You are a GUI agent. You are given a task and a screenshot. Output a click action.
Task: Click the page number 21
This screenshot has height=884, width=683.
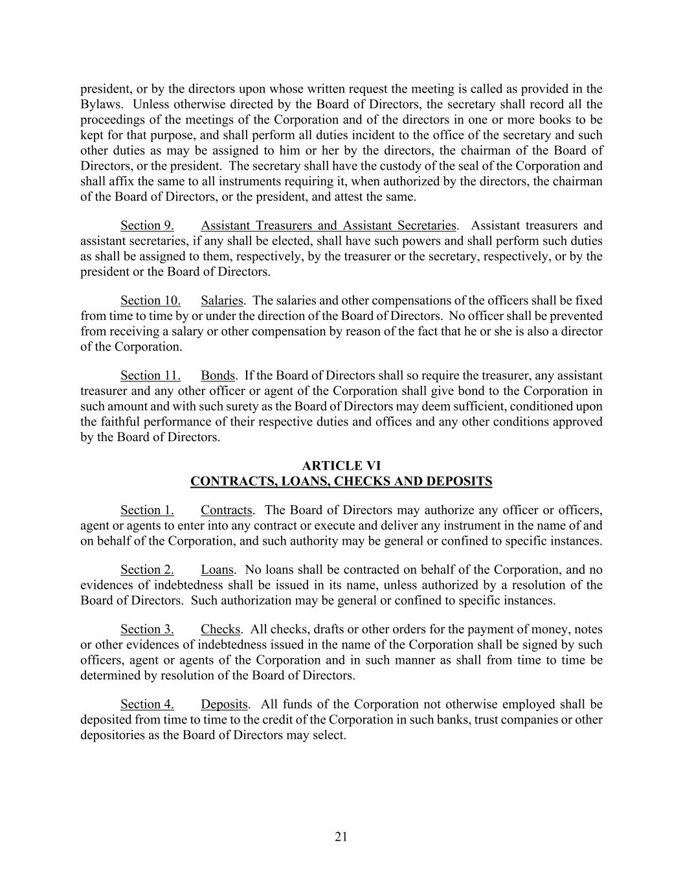(x=341, y=837)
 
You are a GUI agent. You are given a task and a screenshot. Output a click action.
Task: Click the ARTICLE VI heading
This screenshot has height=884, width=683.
(x=341, y=466)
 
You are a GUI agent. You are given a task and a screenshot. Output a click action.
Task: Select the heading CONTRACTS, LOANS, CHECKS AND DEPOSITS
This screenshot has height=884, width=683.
(x=341, y=481)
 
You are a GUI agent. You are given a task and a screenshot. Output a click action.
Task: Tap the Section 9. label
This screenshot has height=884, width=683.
(x=147, y=225)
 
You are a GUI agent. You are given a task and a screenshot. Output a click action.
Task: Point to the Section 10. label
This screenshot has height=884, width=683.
(x=150, y=300)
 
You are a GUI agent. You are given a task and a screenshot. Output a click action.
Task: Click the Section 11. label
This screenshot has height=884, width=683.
(x=150, y=376)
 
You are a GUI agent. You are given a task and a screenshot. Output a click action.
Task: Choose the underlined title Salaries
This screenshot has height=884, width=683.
(x=222, y=300)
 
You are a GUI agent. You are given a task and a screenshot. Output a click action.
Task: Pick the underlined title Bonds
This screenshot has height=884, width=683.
(x=218, y=376)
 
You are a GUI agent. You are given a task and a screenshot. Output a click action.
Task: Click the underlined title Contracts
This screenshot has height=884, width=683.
(x=227, y=510)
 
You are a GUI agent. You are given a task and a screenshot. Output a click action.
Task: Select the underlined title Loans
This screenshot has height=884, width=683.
(x=217, y=570)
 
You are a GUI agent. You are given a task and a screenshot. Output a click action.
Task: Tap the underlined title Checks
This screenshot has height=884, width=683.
(x=220, y=629)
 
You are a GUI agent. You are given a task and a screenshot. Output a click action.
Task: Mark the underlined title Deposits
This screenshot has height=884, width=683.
(x=225, y=705)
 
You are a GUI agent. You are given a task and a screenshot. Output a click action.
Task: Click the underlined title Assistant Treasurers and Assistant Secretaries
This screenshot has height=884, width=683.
(x=329, y=225)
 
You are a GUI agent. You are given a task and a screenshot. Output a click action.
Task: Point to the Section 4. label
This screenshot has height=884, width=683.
(x=147, y=705)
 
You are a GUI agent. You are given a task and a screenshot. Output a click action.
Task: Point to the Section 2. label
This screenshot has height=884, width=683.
(x=147, y=570)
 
